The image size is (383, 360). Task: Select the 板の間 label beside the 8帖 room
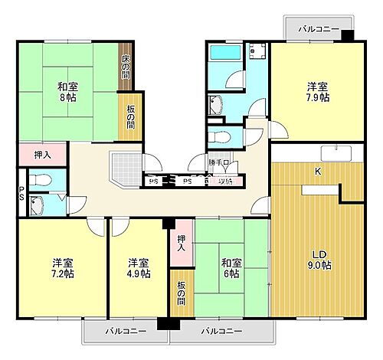pyautogui.click(x=129, y=115)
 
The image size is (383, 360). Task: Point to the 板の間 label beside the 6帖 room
pyautogui.click(x=181, y=291)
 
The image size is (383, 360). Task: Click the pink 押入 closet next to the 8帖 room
pyautogui.click(x=43, y=155)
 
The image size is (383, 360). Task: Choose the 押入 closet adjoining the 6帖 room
pyautogui.click(x=181, y=244)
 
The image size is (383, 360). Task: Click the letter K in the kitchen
pyautogui.click(x=317, y=172)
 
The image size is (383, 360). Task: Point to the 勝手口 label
pyautogui.click(x=218, y=163)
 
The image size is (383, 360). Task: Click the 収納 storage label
pyautogui.click(x=226, y=182)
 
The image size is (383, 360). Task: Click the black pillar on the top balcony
pyautogui.click(x=347, y=35)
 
